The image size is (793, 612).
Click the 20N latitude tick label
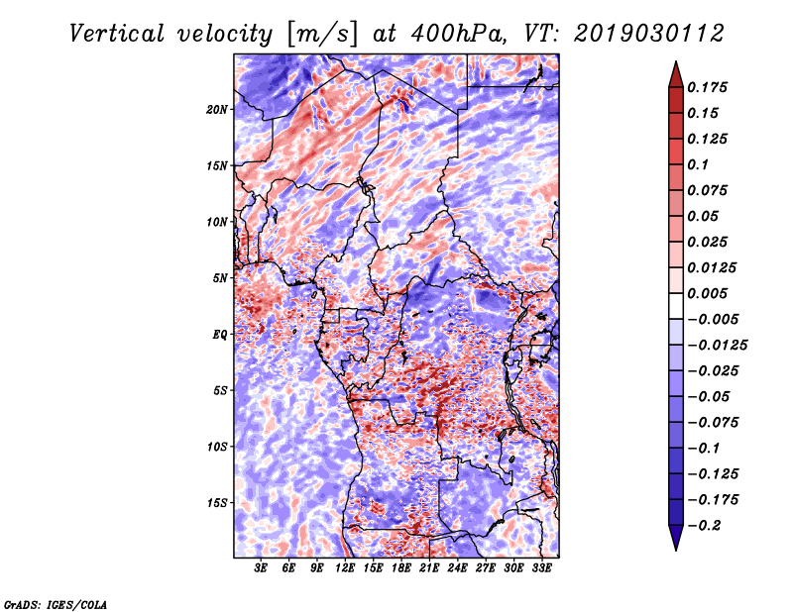click(217, 110)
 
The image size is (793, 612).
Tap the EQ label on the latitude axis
click(220, 335)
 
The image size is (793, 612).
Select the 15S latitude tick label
click(217, 503)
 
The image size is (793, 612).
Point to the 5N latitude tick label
click(220, 278)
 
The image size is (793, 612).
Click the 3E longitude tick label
click(261, 568)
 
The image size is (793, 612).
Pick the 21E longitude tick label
click(429, 568)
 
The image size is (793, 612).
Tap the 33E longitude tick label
click(541, 568)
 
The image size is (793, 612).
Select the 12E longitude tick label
click(345, 568)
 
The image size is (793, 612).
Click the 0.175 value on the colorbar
click(707, 87)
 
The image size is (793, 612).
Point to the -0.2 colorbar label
click(704, 526)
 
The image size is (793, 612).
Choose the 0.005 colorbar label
click(707, 293)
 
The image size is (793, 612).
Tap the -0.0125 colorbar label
click(717, 346)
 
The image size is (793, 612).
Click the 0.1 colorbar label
click(698, 164)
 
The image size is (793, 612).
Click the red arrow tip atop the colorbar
click(676, 61)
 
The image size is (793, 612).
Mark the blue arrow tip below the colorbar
click(676, 550)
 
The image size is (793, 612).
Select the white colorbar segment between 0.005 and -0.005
click(676, 306)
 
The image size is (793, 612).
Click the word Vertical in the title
click(117, 34)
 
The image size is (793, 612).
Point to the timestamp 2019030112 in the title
click(649, 34)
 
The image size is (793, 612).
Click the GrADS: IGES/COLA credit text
click(56, 605)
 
